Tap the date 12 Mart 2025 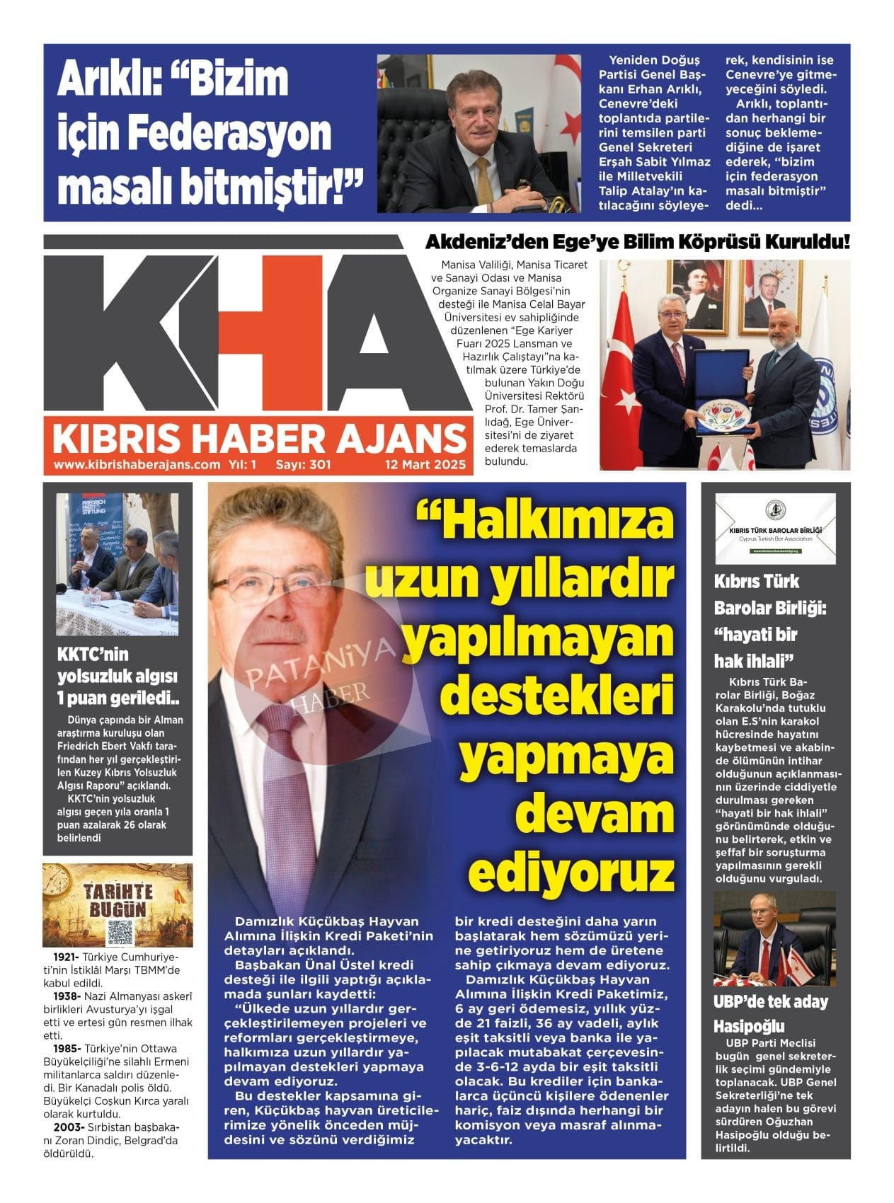pos(425,465)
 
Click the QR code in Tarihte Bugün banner pos(120,933)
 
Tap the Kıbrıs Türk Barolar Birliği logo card pos(775,529)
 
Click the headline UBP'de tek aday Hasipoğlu pos(770,1013)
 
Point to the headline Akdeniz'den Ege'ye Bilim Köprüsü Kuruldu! pos(637,242)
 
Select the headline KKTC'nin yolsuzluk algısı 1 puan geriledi pos(118,676)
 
